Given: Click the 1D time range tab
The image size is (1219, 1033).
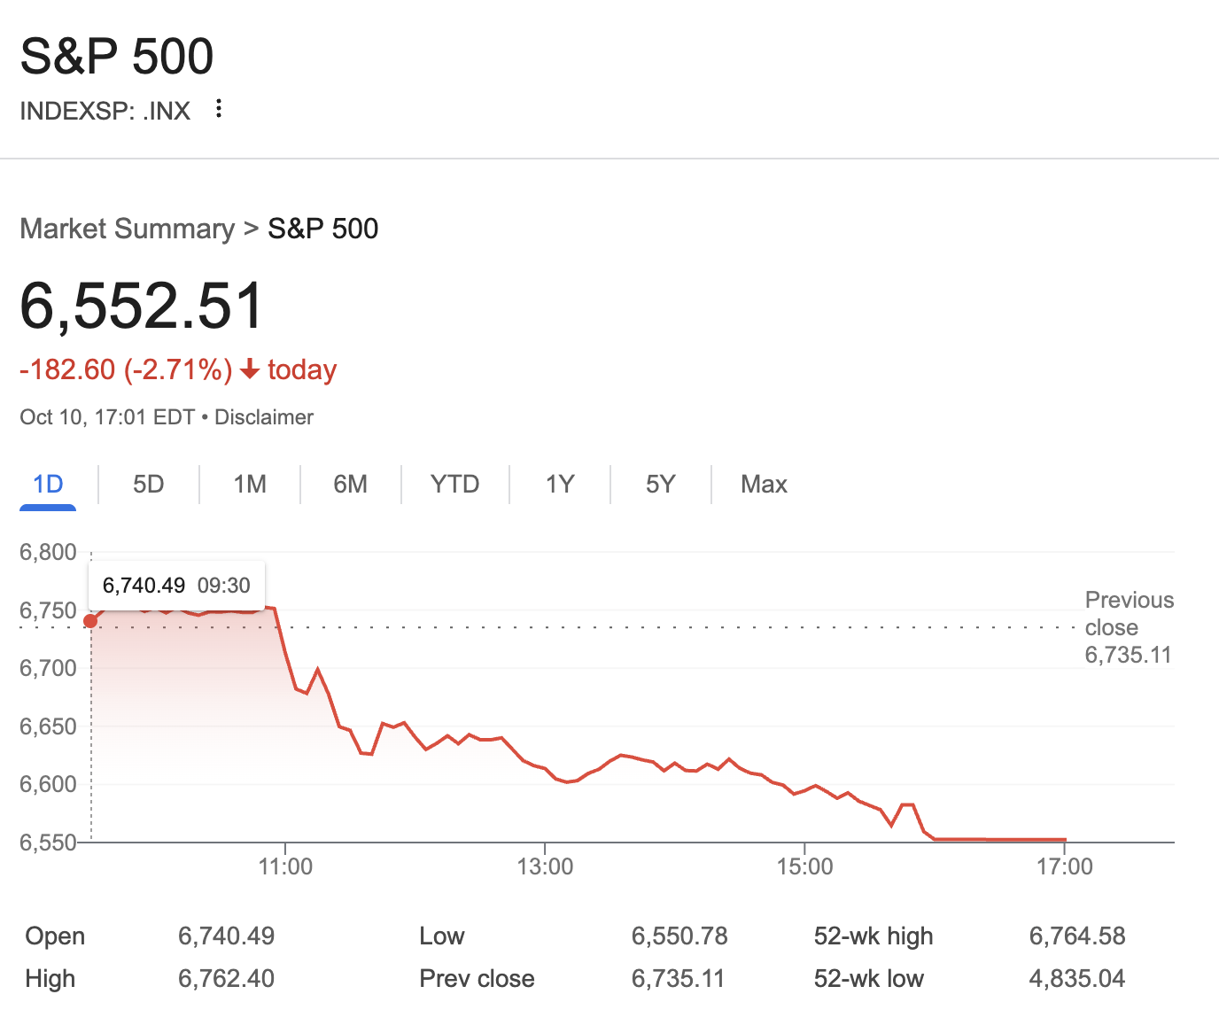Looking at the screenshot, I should pos(48,484).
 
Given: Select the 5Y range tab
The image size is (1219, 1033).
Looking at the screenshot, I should pos(660,484).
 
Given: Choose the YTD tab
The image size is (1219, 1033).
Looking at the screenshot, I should pos(454,484).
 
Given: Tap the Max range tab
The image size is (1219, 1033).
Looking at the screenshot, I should pos(764,484).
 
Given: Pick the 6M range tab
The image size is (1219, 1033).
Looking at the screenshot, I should pos(350,484).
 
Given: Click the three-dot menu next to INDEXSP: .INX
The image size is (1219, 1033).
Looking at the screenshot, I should pos(219,109).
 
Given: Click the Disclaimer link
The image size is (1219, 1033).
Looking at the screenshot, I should pos(264,417).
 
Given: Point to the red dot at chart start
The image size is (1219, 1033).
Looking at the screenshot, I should pos(90,621).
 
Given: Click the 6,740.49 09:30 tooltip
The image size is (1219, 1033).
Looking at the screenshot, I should pos(176,586).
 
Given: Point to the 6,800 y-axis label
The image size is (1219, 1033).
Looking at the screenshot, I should pos(48,553).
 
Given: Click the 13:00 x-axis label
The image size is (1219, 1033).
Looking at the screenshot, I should pos(545,866).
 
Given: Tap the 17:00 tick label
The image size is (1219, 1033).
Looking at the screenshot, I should pos(1064,866).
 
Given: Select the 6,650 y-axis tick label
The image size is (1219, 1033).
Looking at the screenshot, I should pos(48,726).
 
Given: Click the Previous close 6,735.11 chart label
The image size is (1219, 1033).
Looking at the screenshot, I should pos(1129,627).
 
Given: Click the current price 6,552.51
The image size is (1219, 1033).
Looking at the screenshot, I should pos(142,306).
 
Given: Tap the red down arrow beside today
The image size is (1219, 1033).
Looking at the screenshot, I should pos(250,369).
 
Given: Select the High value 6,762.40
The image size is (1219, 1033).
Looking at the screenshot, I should pos(226,978).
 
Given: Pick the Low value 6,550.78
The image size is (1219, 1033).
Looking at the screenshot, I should pos(679,936).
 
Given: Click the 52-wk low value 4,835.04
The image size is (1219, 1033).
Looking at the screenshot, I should pos(1076,978).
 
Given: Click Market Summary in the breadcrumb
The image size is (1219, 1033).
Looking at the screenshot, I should pos(127,229).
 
